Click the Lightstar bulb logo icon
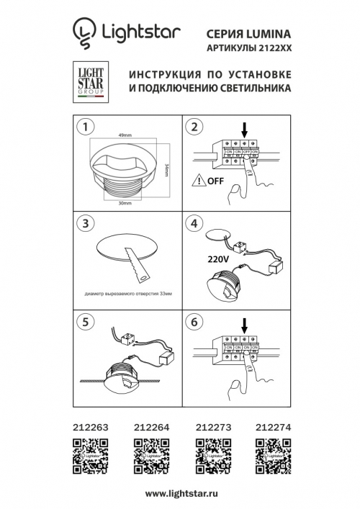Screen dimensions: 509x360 coord(84,33)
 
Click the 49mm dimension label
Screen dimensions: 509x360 coord(125,135)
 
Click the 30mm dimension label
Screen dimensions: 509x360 coord(125,204)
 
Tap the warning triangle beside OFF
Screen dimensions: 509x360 coord(198,181)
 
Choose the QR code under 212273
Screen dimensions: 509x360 coord(213,454)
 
